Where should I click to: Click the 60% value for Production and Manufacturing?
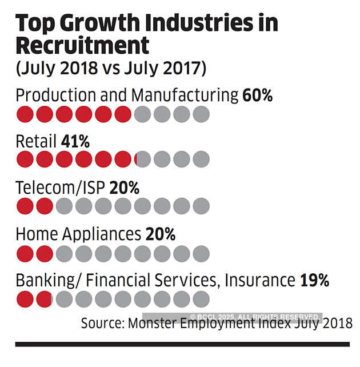pos(257,95)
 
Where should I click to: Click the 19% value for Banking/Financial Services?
pos(314,281)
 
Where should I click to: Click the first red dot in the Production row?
pos(25,114)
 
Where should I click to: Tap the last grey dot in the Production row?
pos(201,114)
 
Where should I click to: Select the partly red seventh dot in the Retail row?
pos(143,159)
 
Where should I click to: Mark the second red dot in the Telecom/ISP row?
pos(45,206)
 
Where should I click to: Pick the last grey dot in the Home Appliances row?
pos(201,253)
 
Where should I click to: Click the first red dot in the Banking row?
pos(25,299)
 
